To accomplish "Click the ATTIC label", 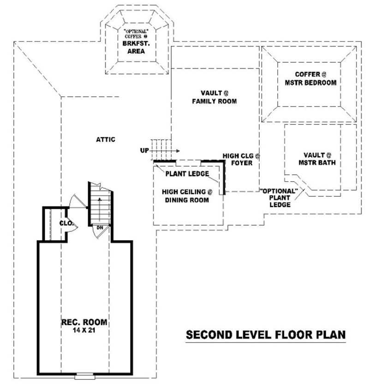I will pos(106,139).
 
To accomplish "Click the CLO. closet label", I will pos(66,223).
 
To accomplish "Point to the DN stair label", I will pos(100,227).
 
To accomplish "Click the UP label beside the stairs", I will pos(144,150).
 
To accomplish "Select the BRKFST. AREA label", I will pos(137,47).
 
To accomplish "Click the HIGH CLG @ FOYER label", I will pos(241,160).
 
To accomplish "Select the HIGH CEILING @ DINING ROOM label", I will pos(186,196).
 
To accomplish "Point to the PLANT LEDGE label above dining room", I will pos(187,174).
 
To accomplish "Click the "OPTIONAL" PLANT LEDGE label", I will pos(280,197).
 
